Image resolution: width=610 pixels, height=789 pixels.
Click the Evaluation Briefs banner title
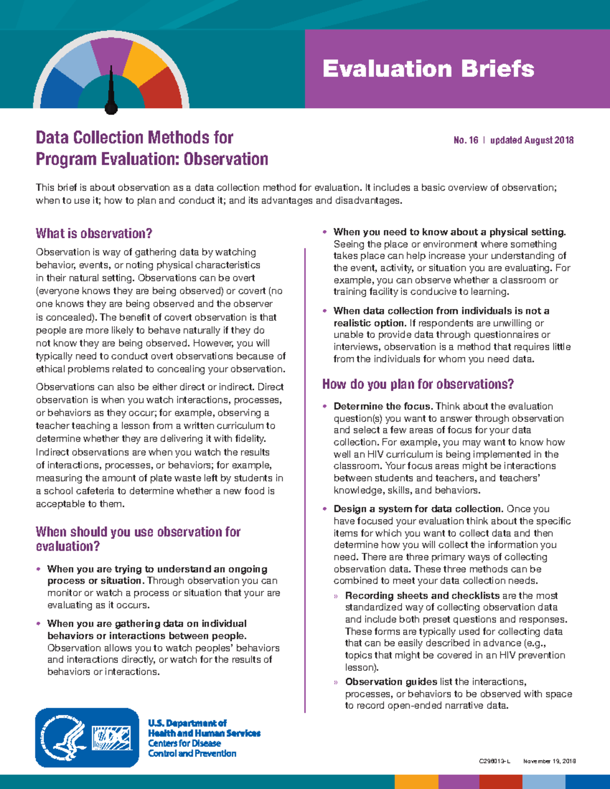tap(428, 69)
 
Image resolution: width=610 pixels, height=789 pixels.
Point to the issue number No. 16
tap(466, 140)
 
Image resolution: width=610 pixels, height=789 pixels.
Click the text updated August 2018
tap(532, 140)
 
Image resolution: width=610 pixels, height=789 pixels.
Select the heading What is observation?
tap(94, 234)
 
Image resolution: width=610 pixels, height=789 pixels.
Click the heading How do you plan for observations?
tap(418, 384)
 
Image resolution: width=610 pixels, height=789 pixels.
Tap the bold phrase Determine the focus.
tap(383, 406)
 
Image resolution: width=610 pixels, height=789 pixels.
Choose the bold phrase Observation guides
tap(391, 682)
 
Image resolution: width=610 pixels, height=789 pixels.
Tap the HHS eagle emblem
tap(64, 737)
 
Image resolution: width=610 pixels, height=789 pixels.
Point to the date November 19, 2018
tap(549, 761)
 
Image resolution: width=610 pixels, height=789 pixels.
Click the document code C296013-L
tap(494, 761)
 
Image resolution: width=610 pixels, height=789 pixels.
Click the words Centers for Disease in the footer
tap(185, 743)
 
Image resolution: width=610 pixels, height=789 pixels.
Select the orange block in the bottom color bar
tap(416, 782)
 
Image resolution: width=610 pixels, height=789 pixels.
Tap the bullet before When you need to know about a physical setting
tap(325, 232)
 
